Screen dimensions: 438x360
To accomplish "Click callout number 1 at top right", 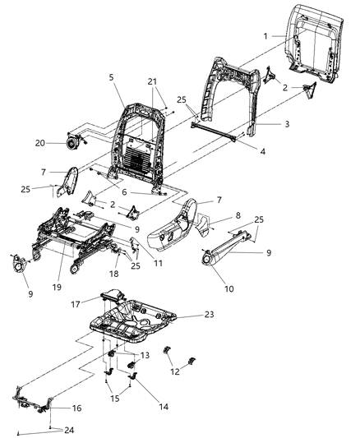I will click(x=265, y=36).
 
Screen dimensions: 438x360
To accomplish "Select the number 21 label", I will click(x=151, y=81).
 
